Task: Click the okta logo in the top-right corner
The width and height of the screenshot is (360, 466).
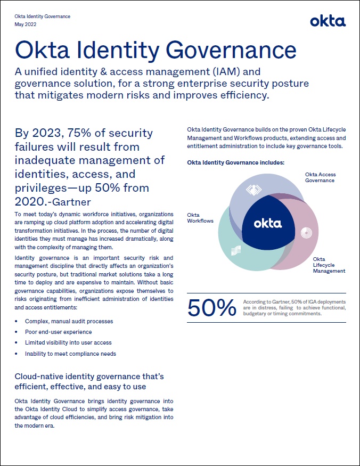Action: (x=328, y=21)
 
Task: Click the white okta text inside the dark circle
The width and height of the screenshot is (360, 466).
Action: (x=268, y=224)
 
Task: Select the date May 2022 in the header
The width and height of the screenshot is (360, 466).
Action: (x=26, y=24)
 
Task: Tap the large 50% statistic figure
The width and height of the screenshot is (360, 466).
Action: (x=211, y=308)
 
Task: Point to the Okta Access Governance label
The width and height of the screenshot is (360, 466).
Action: (x=320, y=177)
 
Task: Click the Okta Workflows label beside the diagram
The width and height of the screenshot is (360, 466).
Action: (x=200, y=218)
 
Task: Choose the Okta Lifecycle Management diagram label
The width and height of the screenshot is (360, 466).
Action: (x=329, y=265)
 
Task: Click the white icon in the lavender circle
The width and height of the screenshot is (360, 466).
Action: (x=253, y=190)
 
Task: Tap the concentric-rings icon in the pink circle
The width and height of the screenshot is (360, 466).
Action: (x=306, y=233)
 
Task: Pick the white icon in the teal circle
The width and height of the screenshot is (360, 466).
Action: (x=236, y=250)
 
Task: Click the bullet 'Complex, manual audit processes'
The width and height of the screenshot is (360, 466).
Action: (x=69, y=321)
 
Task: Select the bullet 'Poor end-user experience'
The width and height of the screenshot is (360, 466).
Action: (x=58, y=332)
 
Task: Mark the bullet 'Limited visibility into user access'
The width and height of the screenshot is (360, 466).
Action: (x=68, y=342)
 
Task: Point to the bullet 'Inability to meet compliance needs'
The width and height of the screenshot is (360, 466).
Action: (x=70, y=354)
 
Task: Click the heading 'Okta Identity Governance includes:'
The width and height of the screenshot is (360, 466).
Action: (x=236, y=162)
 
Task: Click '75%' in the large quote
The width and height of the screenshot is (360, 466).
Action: (x=79, y=133)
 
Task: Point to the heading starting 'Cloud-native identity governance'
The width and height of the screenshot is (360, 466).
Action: (x=89, y=382)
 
